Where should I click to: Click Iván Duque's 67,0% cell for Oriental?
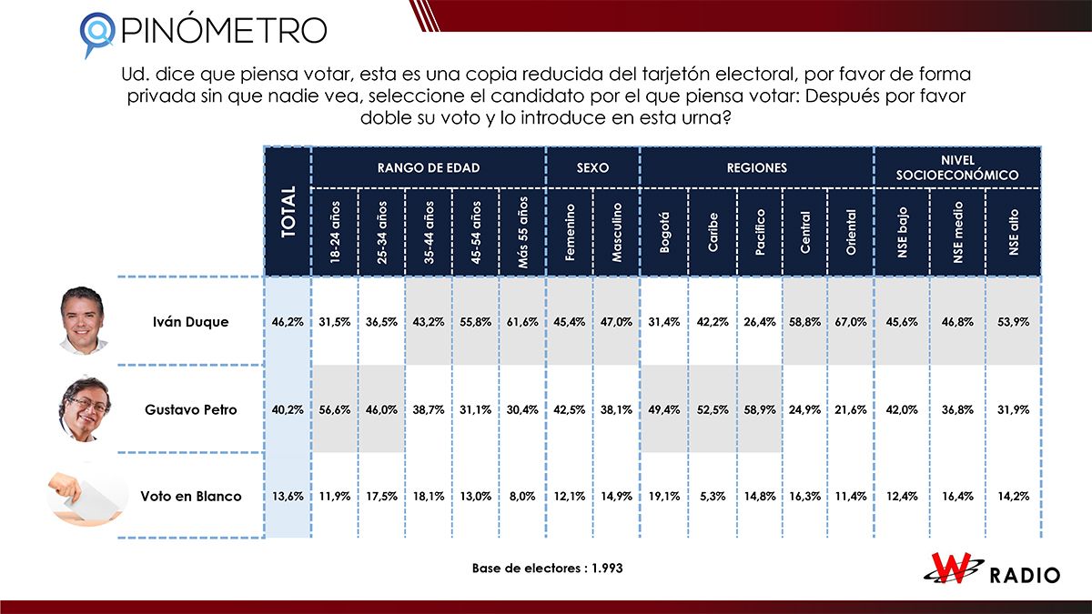[850, 322]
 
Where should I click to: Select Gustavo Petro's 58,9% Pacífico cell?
[758, 409]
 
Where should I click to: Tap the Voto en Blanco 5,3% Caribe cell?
[711, 496]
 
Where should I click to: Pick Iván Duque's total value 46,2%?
[288, 322]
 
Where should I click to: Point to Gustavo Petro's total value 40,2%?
[288, 409]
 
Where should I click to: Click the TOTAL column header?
[288, 211]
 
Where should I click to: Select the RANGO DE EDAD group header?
[428, 168]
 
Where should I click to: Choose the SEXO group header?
[592, 168]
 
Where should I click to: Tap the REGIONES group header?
[756, 168]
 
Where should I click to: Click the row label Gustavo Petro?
[191, 409]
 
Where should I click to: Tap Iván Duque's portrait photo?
[84, 320]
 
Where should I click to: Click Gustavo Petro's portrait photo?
[84, 408]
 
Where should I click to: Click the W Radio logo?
[992, 570]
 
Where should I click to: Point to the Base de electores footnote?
[546, 568]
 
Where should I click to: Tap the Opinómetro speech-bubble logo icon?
[96, 33]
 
